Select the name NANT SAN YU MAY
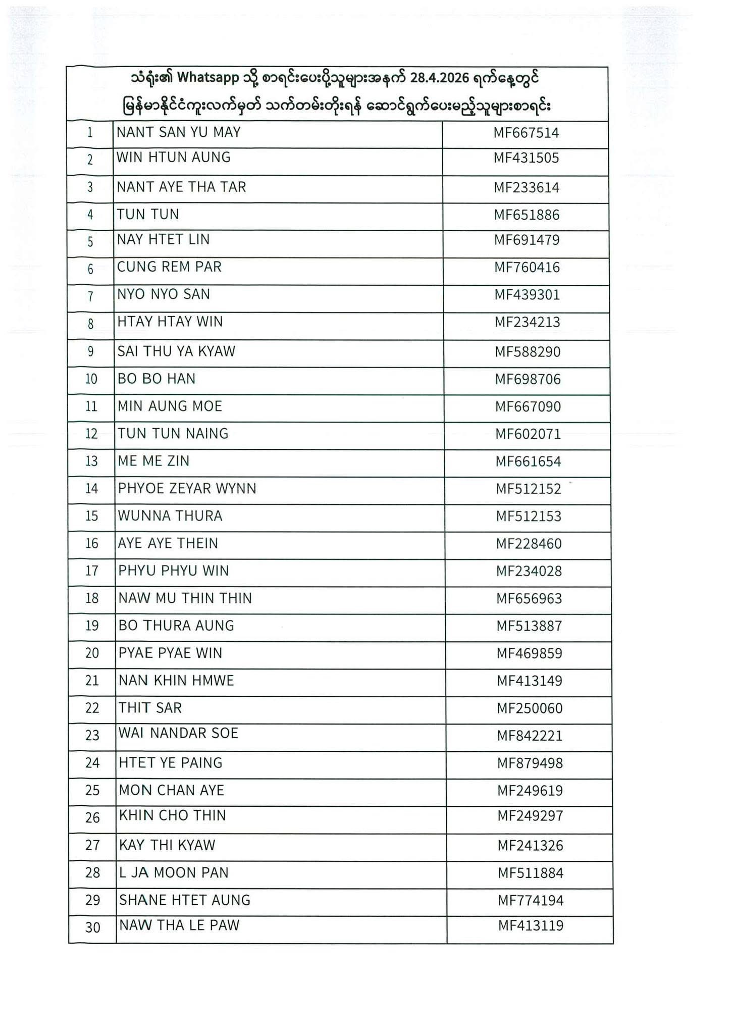coord(179,132)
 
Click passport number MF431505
coord(526,158)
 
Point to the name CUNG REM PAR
coord(169,267)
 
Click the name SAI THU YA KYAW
coord(176,351)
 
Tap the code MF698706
coord(528,379)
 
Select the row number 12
coord(91,434)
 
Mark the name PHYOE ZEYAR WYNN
coord(187,488)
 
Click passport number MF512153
coord(529,516)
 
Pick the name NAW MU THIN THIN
coord(185,598)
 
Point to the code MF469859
coord(529,653)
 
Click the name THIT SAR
coord(150,708)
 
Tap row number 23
coord(92,735)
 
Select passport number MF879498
coord(530,763)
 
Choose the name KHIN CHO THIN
coord(172,815)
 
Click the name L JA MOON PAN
coord(174,872)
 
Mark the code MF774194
coord(531,900)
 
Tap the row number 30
coord(93,927)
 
